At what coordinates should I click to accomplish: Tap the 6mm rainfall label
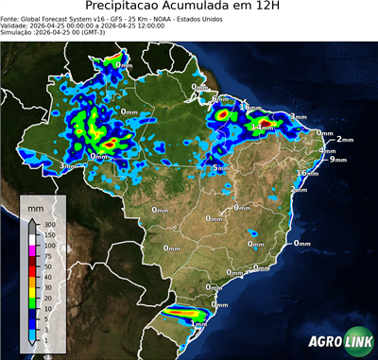pyautogui.click(x=220, y=100)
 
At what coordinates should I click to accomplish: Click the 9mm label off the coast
pyautogui.click(x=337, y=160)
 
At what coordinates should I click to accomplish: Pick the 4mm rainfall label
pyautogui.click(x=328, y=151)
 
